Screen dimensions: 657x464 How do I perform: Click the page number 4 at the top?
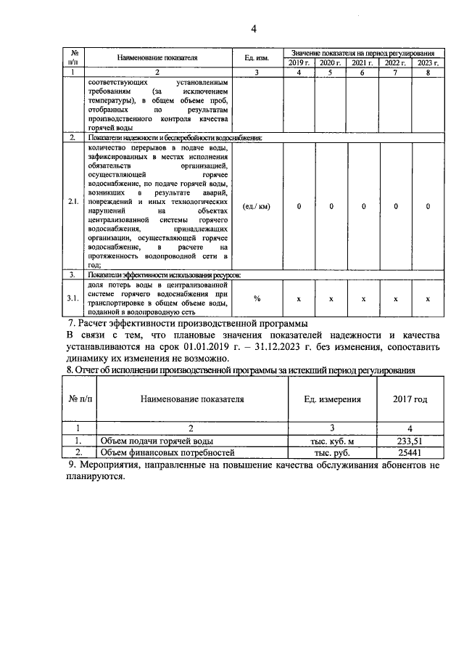point(254,29)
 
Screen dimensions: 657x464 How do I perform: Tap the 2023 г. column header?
point(428,64)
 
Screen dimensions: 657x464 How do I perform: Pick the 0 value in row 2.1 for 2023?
point(428,206)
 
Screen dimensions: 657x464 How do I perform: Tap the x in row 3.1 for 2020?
point(331,298)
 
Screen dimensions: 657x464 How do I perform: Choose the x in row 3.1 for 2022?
point(396,298)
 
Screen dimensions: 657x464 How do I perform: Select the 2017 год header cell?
point(410,399)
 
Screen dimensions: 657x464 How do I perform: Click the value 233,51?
point(410,440)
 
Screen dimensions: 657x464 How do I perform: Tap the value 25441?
point(410,452)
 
